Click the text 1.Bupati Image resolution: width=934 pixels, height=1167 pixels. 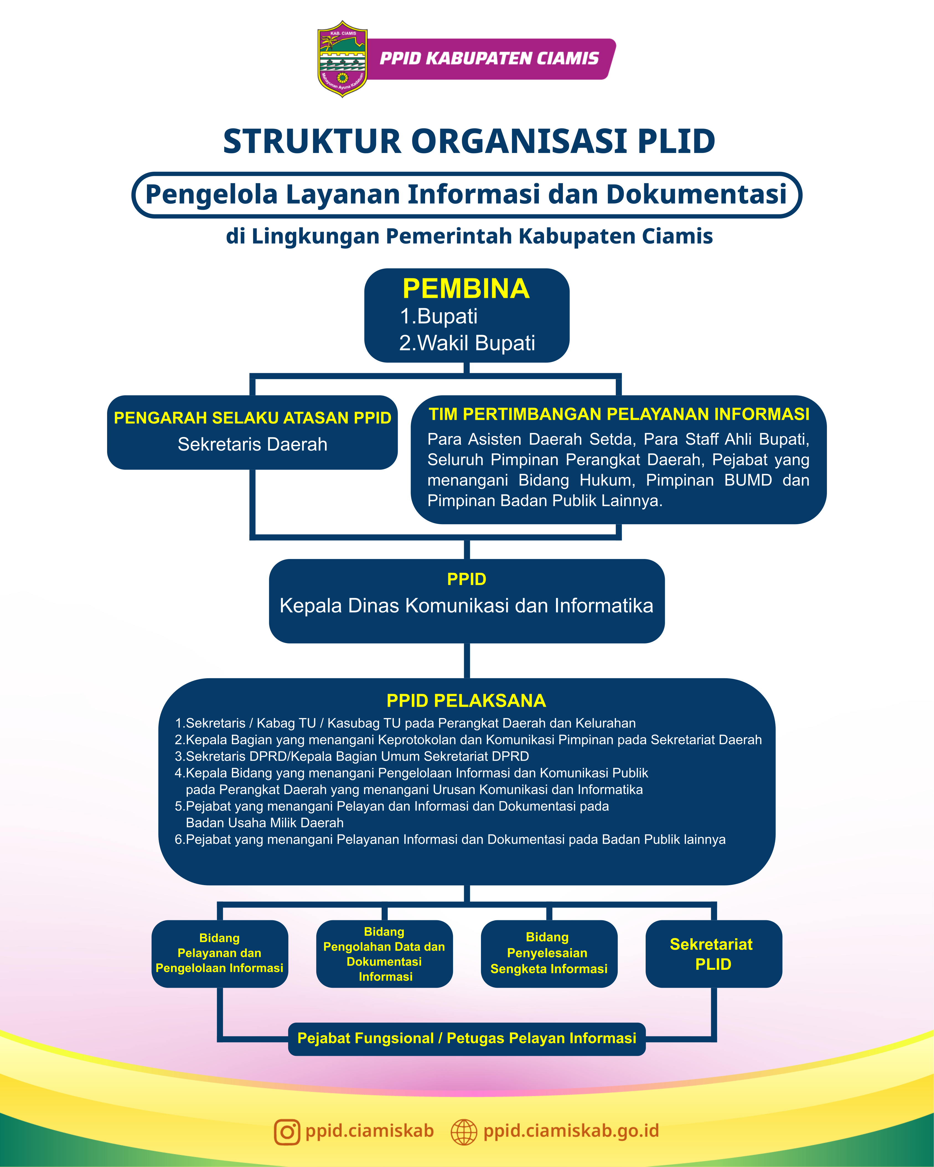coord(439,316)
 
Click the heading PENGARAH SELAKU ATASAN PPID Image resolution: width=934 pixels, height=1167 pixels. coord(252,418)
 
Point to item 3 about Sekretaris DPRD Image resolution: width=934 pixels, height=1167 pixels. coord(352,756)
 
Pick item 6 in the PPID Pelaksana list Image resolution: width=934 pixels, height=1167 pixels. coord(449,839)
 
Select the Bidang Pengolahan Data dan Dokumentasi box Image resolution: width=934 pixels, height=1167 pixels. coord(384,954)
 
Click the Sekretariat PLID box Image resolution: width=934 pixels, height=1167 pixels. coord(713,954)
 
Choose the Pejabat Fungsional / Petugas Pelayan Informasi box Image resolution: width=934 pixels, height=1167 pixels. coord(467,1038)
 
